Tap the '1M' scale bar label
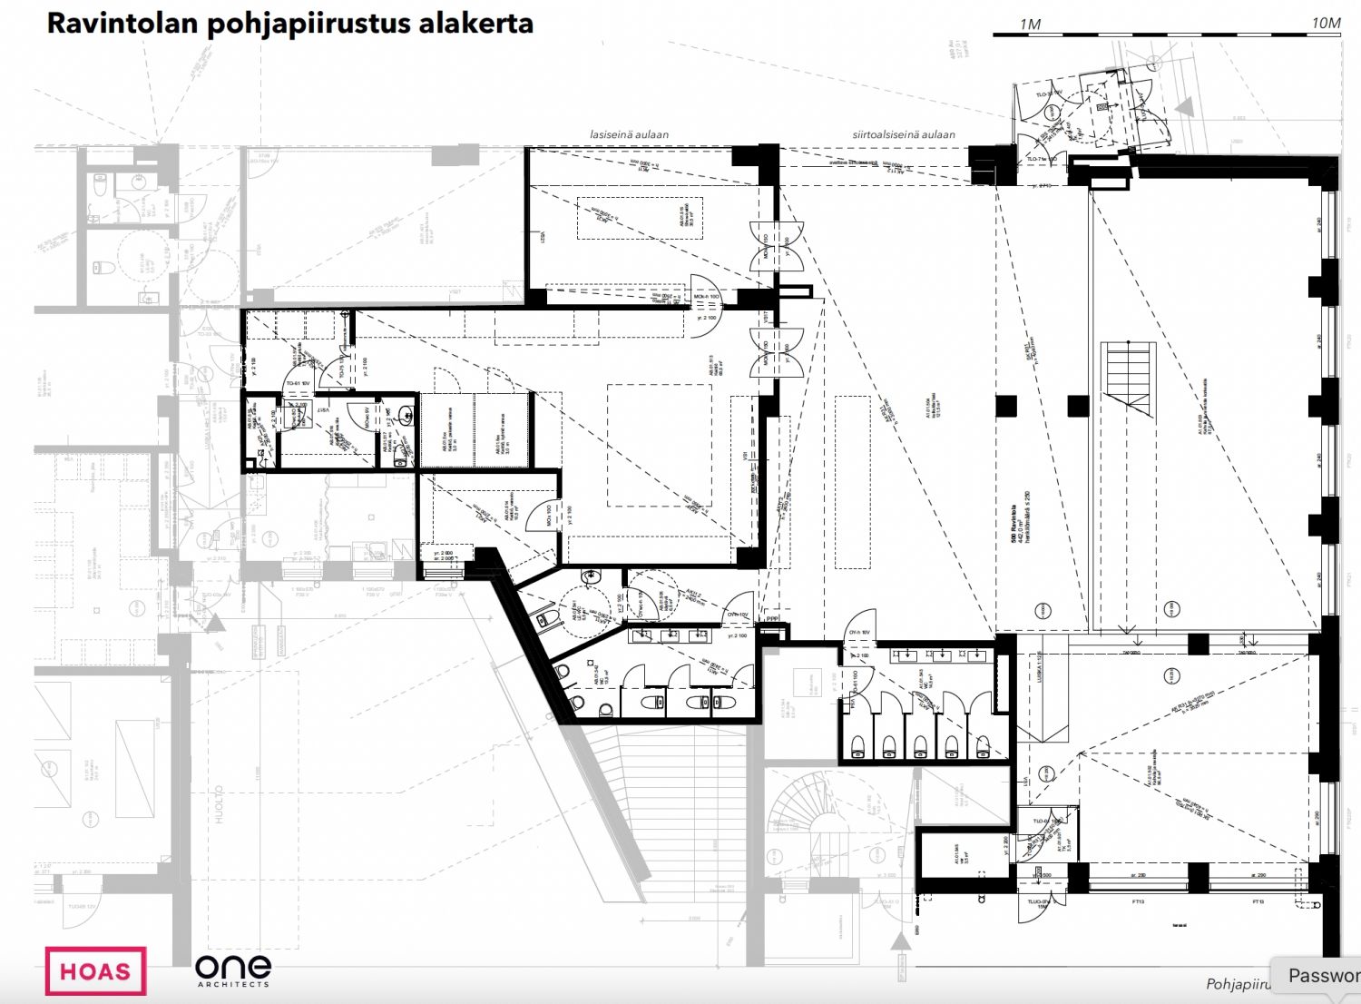tap(1030, 25)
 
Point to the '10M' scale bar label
tap(1326, 24)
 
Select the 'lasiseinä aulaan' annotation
tap(629, 134)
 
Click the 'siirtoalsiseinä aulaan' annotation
tap(903, 134)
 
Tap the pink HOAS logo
tap(95, 971)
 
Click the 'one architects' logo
tap(232, 970)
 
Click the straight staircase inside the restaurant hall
tap(1128, 377)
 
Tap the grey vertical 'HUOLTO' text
tap(219, 804)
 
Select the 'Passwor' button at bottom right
tap(1321, 976)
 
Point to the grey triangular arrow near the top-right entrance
tap(1184, 107)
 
